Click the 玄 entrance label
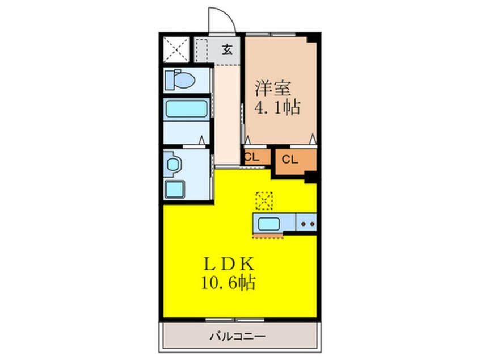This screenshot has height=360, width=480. pos(227,50)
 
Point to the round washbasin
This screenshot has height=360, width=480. pos(173,164)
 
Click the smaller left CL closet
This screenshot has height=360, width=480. pos(252,158)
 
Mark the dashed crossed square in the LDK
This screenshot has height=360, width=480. pos(264,200)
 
